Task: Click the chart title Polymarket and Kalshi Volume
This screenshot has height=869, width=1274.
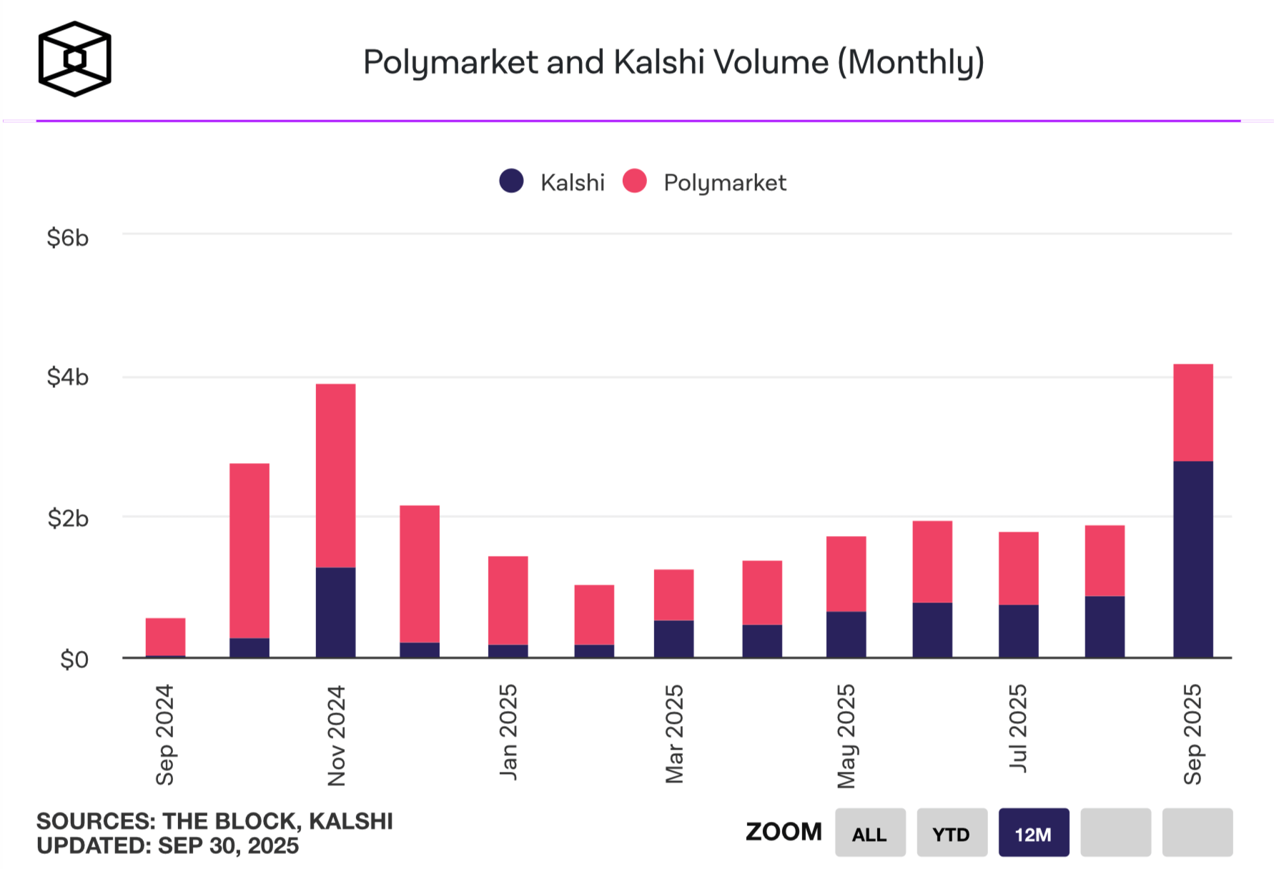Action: tap(673, 62)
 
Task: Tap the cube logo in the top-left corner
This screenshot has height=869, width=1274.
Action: tap(74, 59)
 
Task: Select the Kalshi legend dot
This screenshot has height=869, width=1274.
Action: tap(511, 182)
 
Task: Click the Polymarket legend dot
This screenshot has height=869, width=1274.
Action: tap(634, 182)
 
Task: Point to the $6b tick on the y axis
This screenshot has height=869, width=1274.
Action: tap(68, 237)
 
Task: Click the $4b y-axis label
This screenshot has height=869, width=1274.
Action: tap(68, 377)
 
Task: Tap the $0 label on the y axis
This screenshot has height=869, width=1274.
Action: tap(74, 659)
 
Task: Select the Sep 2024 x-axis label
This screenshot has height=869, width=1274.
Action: tap(165, 735)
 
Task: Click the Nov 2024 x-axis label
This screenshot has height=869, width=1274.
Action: tap(337, 735)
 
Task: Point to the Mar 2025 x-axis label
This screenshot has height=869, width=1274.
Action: tap(674, 734)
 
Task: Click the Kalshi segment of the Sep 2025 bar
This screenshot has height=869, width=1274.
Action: tap(1192, 559)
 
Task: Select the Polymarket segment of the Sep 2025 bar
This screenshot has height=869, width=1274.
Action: tap(1192, 412)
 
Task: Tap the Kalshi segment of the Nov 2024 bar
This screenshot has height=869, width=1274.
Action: tap(335, 612)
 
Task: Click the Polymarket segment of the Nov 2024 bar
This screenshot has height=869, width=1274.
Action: tap(335, 475)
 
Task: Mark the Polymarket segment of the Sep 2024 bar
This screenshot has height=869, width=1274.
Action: tap(165, 636)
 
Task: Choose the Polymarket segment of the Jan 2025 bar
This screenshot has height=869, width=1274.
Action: tap(508, 600)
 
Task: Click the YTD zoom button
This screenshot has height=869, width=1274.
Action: tap(952, 833)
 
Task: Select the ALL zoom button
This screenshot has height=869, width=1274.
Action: tap(869, 833)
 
